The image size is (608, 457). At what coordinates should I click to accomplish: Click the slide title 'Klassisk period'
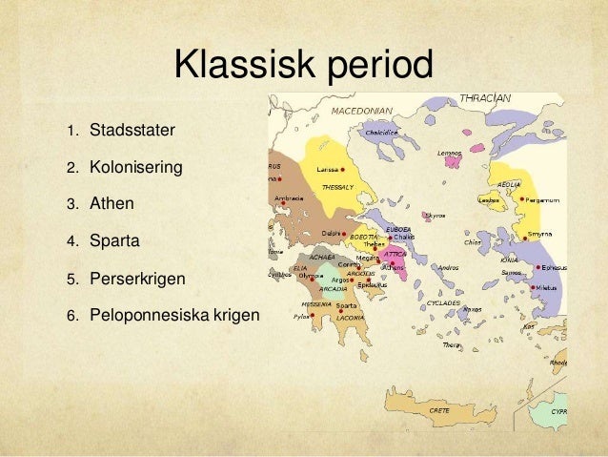pos(303,67)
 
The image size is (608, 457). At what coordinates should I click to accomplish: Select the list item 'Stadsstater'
pos(126,128)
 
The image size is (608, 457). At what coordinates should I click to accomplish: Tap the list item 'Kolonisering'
pos(135,168)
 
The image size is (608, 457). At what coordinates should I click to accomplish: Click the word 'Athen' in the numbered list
pos(111,203)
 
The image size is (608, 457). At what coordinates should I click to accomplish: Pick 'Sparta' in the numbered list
pos(114,240)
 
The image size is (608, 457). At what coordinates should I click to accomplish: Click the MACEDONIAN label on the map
pos(363,110)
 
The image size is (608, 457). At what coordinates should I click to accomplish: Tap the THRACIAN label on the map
pos(485,97)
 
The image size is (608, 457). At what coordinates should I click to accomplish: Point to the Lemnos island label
pos(449,153)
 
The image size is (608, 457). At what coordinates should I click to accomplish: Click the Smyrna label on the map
pos(540,235)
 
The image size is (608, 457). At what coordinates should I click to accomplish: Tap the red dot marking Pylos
pos(313,315)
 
